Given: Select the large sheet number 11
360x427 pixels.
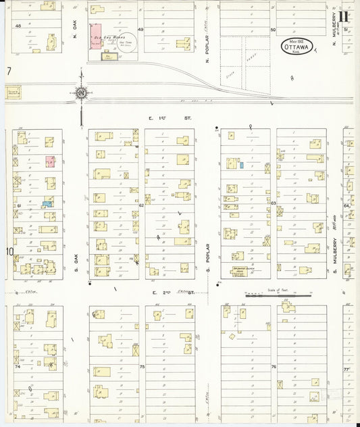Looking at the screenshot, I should (344, 16).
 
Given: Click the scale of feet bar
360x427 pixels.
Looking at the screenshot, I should (278, 295).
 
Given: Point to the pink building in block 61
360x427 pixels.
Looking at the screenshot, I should (49, 160).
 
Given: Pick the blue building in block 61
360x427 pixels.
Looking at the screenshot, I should (47, 203).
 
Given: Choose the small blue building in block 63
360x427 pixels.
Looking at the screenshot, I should (241, 165).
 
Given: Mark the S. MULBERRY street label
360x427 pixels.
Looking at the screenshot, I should (334, 259).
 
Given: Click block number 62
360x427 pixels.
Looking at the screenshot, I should (141, 205).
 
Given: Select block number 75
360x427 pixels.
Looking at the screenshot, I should (142, 367).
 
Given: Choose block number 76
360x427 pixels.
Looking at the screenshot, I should (274, 367).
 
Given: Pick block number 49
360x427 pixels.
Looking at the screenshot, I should (141, 30).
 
